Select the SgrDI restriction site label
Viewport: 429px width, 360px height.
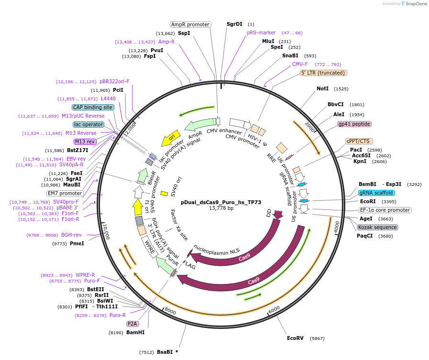pyautogui.click(x=234, y=24)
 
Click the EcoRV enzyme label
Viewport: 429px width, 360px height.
pyautogui.click(x=295, y=338)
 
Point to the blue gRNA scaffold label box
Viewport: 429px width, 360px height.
pyautogui.click(x=376, y=193)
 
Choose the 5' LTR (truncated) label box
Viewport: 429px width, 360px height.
pyautogui.click(x=323, y=73)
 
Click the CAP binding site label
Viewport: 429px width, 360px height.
pyautogui.click(x=93, y=107)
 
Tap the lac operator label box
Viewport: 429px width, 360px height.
pyautogui.click(x=88, y=124)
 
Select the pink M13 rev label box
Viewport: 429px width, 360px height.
pyautogui.click(x=85, y=142)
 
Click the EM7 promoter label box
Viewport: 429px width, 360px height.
pyautogui.click(x=65, y=193)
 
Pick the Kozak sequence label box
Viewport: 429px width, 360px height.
pyautogui.click(x=377, y=227)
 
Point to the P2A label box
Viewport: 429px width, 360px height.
pyautogui.click(x=132, y=324)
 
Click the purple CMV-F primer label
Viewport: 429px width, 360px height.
pyautogui.click(x=300, y=64)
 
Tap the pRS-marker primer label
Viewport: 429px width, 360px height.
pyautogui.click(x=261, y=33)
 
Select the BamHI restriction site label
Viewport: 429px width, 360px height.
pyautogui.click(x=135, y=332)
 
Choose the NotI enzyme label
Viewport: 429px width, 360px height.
pyautogui.click(x=322, y=88)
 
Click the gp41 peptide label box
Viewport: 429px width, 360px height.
pyautogui.click(x=354, y=124)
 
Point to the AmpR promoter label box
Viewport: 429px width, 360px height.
pyautogui.click(x=190, y=24)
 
